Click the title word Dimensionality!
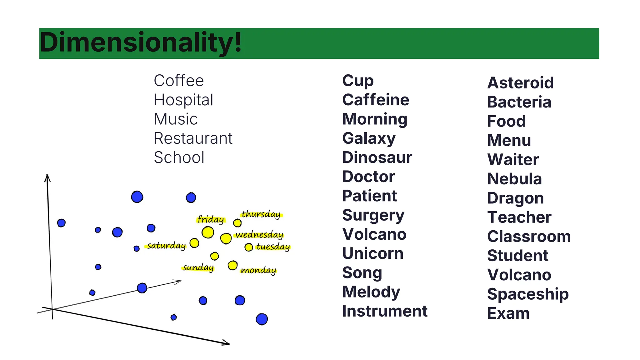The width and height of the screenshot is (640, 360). (x=141, y=43)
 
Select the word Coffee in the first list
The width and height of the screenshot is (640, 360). (x=179, y=81)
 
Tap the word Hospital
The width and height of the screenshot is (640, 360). (x=183, y=100)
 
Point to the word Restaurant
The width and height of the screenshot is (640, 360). (x=193, y=138)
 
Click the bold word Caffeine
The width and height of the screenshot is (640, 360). (x=376, y=100)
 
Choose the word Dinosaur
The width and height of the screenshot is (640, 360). (x=377, y=157)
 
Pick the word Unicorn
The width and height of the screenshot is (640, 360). (x=373, y=253)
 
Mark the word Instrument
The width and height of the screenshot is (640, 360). (x=385, y=311)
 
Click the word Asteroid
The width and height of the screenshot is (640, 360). (x=520, y=83)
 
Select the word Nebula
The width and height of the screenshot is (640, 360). (x=514, y=179)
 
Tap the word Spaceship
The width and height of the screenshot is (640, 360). (x=528, y=294)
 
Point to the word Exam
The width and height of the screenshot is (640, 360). (x=508, y=313)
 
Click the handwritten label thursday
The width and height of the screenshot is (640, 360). (x=261, y=214)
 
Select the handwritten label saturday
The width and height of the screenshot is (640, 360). (x=166, y=246)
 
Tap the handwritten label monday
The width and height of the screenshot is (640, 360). (x=258, y=270)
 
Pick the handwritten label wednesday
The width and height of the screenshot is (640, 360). (x=259, y=235)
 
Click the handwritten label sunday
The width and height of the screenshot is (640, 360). (x=198, y=268)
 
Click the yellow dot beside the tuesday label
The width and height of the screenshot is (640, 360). (x=249, y=247)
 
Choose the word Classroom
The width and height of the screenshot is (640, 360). (x=529, y=237)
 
